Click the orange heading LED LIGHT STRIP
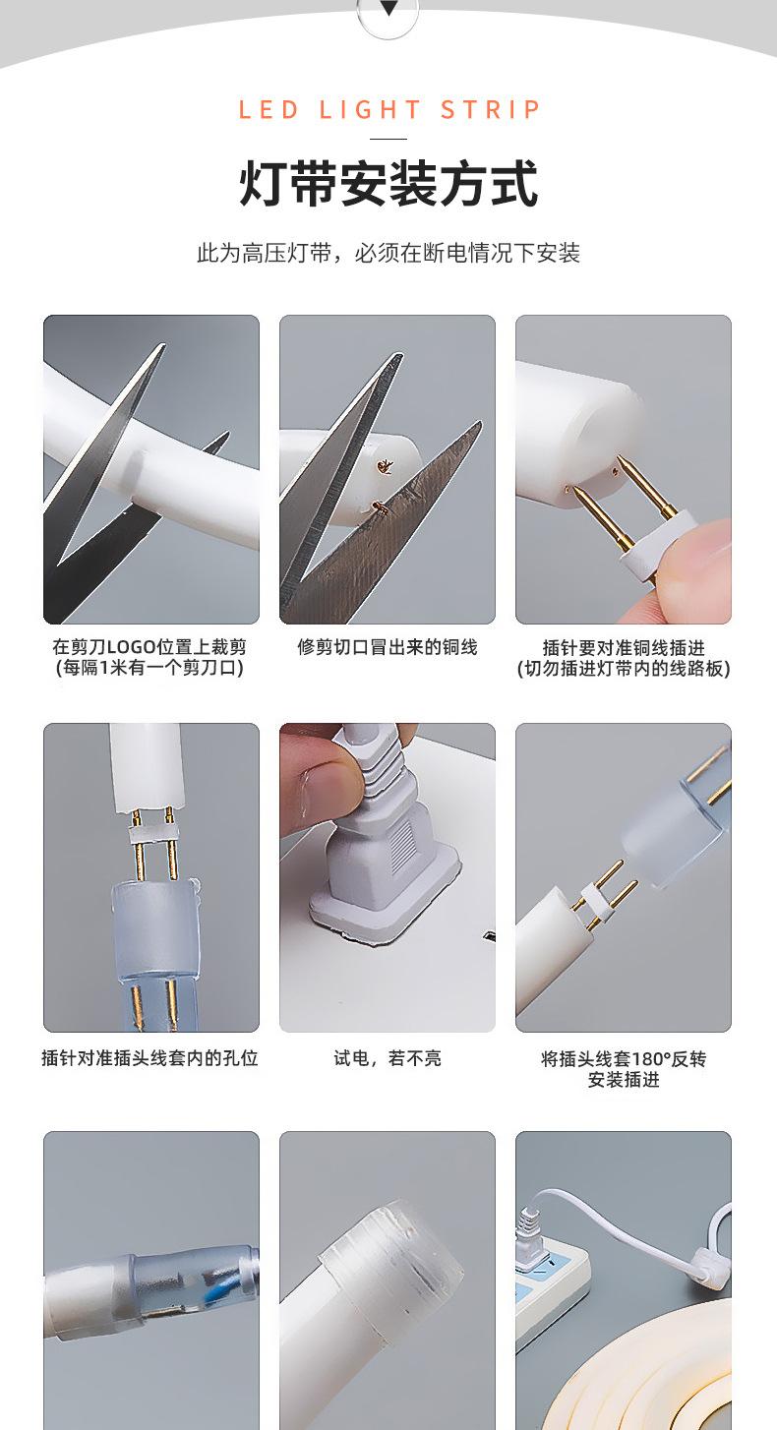(388, 110)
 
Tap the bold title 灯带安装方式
(388, 184)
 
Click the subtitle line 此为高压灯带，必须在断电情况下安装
(388, 254)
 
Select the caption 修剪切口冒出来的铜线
(388, 647)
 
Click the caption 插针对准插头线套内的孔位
(150, 1058)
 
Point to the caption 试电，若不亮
(388, 1058)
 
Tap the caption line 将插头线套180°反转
(624, 1059)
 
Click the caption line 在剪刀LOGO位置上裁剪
(149, 647)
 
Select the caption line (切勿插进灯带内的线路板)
(624, 669)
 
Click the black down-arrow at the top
(388, 8)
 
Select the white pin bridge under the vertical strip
(152, 833)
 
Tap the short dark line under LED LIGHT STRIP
(388, 139)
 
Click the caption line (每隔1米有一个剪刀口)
(149, 669)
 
